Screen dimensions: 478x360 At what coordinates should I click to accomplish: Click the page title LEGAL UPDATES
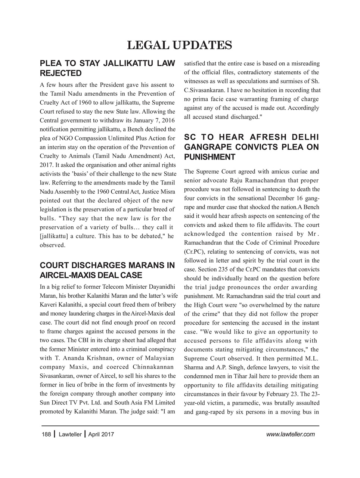[x=180, y=45]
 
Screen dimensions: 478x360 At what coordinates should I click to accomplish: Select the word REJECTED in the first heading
[x=60, y=73]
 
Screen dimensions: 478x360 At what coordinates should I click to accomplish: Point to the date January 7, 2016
[x=151, y=121]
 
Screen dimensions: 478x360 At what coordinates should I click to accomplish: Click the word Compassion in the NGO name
[x=87, y=139]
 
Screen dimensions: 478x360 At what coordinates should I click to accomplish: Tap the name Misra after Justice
[x=167, y=192]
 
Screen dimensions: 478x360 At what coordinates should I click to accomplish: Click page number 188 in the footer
[x=46, y=434]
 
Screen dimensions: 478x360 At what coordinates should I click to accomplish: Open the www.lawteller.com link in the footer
[x=291, y=434]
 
